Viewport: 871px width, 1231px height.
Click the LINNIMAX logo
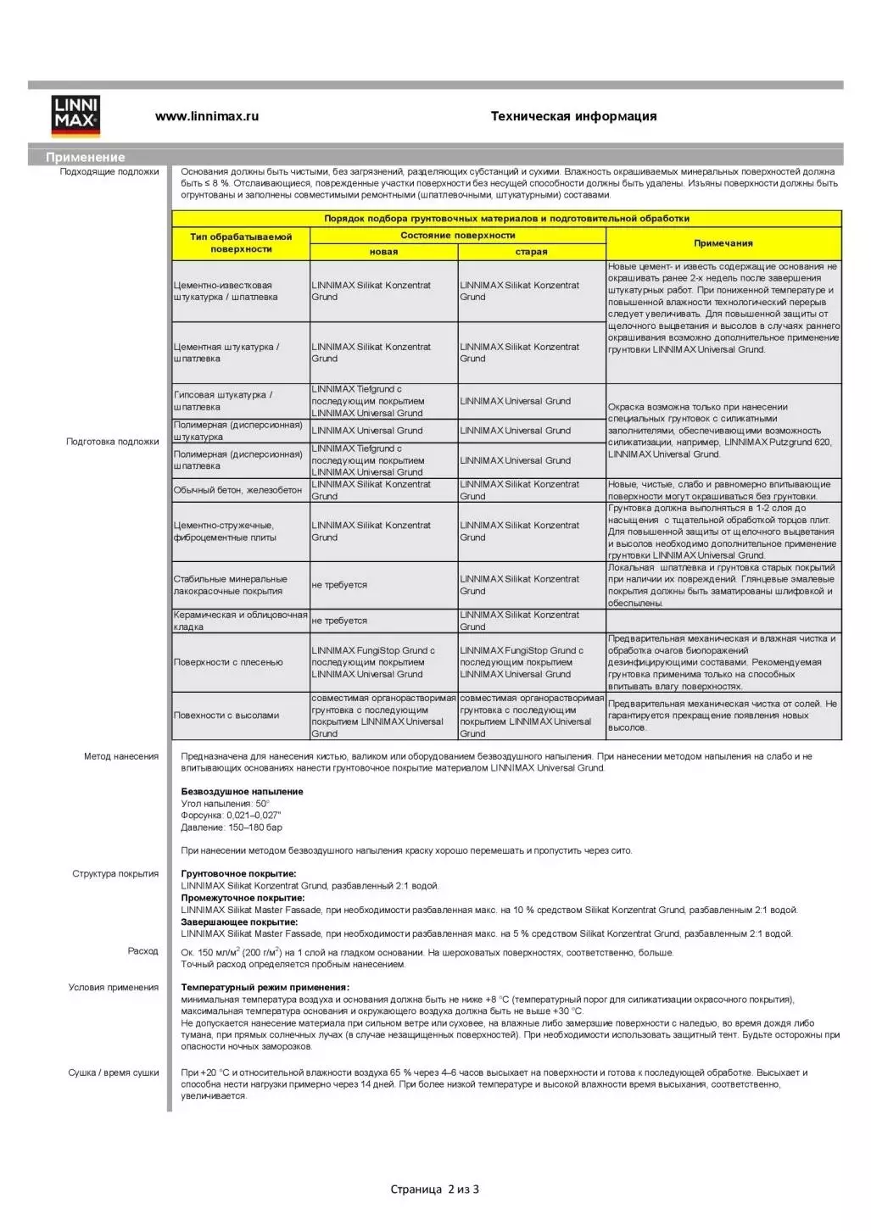(x=76, y=116)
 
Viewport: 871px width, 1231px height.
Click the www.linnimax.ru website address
(x=207, y=116)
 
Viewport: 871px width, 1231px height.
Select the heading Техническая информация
(x=573, y=116)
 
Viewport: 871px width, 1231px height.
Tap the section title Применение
(x=86, y=157)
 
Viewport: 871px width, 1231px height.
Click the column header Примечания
(x=723, y=243)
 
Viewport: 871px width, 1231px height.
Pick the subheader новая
(x=383, y=252)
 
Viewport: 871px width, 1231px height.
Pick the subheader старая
(x=532, y=252)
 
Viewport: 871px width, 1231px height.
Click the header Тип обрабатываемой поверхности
(x=241, y=243)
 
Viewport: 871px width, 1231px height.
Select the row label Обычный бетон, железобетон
(x=238, y=490)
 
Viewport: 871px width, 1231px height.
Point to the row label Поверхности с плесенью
(x=228, y=662)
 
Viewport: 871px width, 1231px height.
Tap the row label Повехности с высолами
(x=226, y=716)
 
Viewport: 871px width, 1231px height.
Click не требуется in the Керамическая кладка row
(x=339, y=621)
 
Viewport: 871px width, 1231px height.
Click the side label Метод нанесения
(x=121, y=756)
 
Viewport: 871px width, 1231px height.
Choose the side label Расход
(x=143, y=951)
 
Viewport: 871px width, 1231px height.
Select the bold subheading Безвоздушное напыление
(x=242, y=792)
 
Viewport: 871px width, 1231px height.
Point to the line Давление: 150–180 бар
(x=232, y=827)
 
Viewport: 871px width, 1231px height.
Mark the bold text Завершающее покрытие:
(x=239, y=922)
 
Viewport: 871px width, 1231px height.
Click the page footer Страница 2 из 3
(x=434, y=1189)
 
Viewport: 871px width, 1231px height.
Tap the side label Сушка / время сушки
(x=114, y=1072)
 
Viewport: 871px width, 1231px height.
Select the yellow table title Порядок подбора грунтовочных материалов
(x=506, y=219)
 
